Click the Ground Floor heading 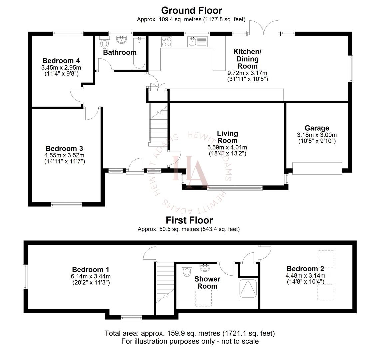[x=191, y=10]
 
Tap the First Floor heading [x=189, y=220]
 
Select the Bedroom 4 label [x=61, y=61]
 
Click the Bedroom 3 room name [x=64, y=149]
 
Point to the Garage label [x=317, y=128]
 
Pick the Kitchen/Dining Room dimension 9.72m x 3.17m [x=247, y=73]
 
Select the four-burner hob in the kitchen [x=167, y=42]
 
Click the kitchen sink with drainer [x=197, y=42]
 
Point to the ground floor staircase [x=158, y=125]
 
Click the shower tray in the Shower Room [x=248, y=288]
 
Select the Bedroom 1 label [x=91, y=270]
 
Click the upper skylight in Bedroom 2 [x=325, y=259]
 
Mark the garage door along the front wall [x=317, y=168]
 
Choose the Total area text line [x=190, y=333]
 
